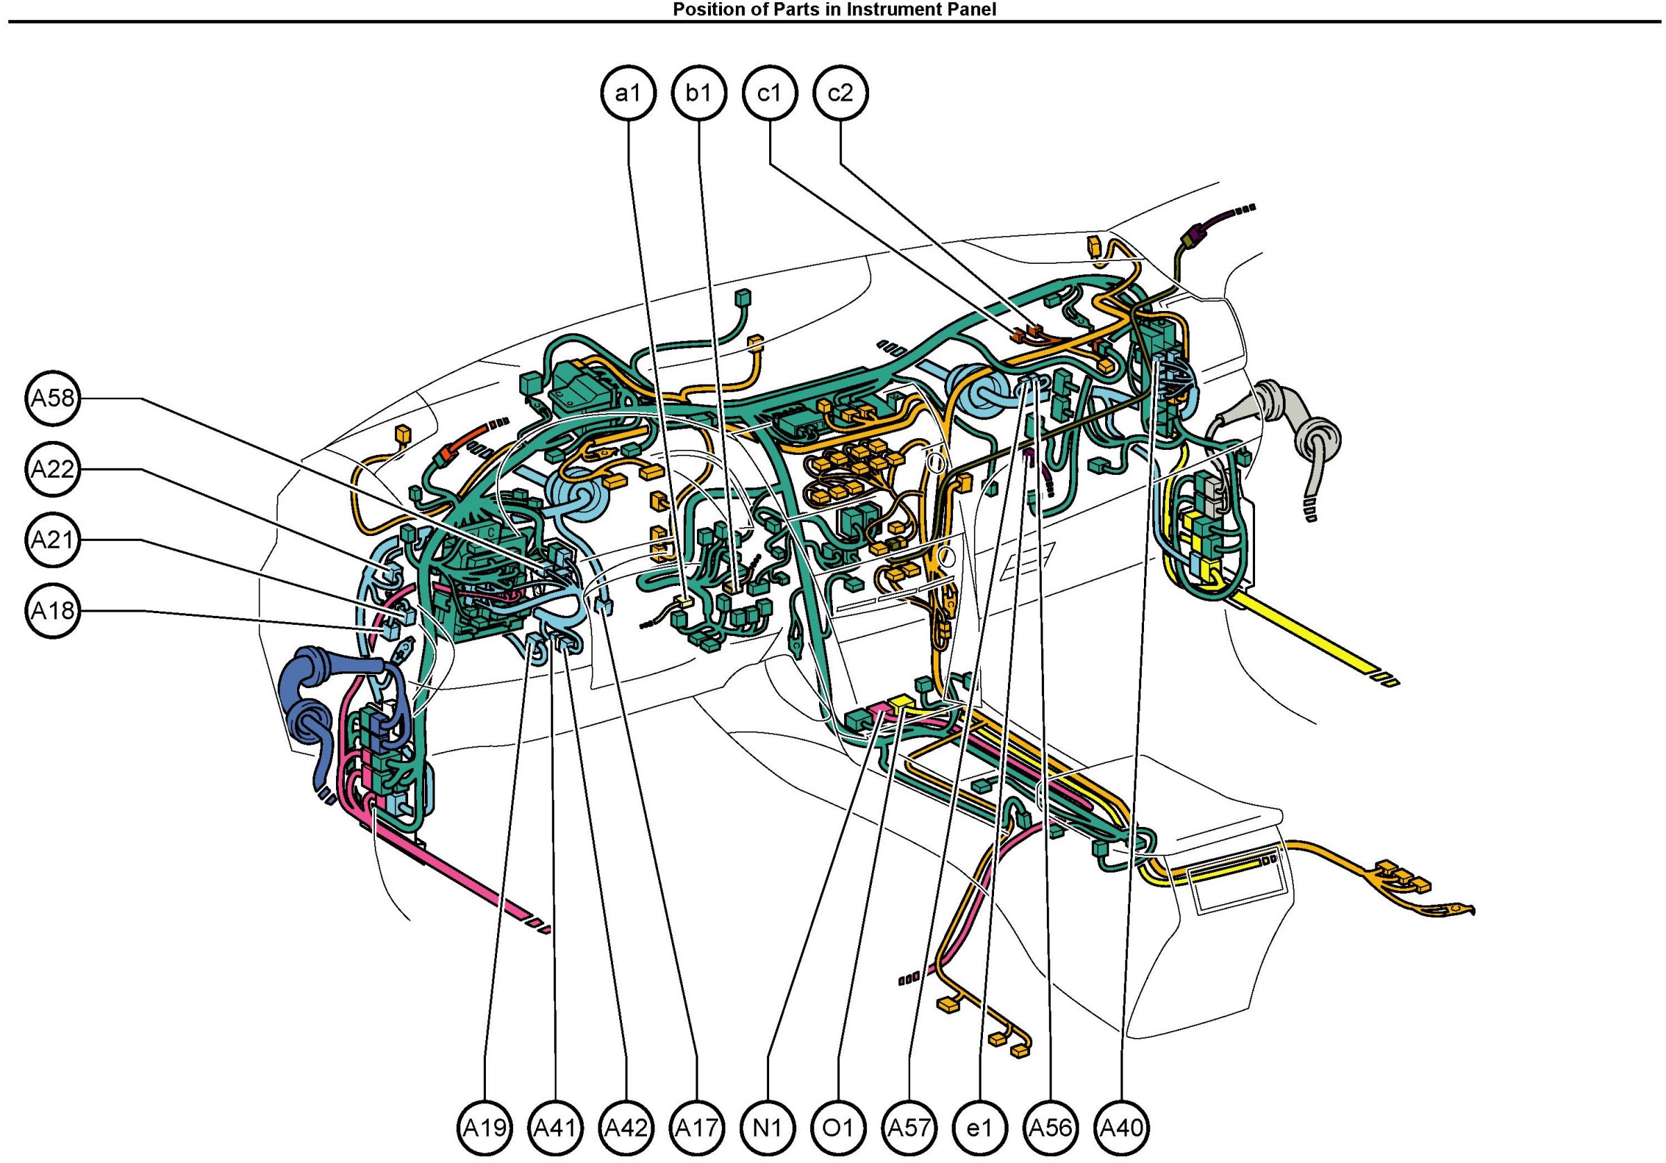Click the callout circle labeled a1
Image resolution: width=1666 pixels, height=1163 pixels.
pos(628,93)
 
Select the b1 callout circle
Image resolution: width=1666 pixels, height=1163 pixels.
pos(699,93)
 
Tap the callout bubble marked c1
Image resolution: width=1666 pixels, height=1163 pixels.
pos(770,93)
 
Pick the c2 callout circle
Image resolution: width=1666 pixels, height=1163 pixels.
pos(840,93)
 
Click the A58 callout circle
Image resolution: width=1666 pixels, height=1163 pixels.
pos(52,399)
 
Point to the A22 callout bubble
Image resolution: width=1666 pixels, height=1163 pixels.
pos(52,469)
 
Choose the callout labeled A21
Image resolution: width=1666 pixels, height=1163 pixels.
pos(52,540)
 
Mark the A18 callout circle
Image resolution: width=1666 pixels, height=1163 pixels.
pos(52,610)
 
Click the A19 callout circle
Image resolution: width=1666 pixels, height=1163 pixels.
pos(485,1128)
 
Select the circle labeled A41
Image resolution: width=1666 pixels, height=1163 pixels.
pos(556,1128)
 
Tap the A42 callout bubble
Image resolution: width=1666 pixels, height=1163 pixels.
pos(626,1128)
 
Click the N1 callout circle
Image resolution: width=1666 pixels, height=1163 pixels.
pos(768,1128)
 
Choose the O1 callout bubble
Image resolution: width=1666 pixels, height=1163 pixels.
pos(839,1128)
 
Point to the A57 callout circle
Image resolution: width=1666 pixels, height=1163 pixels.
pos(909,1128)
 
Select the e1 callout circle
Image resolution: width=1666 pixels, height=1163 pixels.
pos(979,1128)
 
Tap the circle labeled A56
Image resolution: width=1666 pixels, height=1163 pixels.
pos(1051,1128)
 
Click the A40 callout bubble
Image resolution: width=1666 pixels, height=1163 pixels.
pos(1122,1128)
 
